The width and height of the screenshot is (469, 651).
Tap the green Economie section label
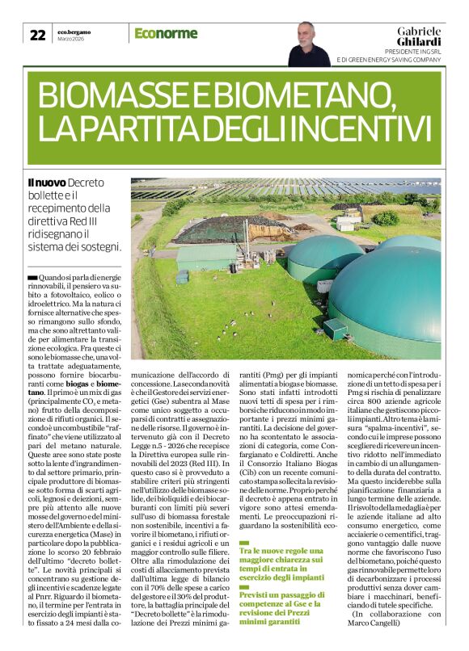(167, 33)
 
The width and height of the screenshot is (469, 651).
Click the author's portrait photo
(308, 44)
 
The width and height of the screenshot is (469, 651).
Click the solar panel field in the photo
(267, 190)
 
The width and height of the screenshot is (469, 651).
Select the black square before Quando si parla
(32, 277)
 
